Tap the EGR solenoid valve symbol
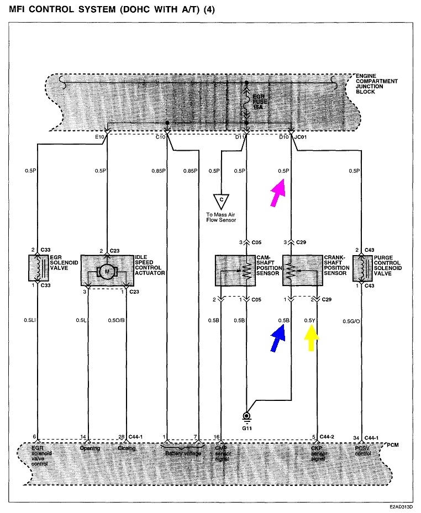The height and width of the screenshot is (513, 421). (38, 268)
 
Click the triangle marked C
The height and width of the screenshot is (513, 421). (222, 199)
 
